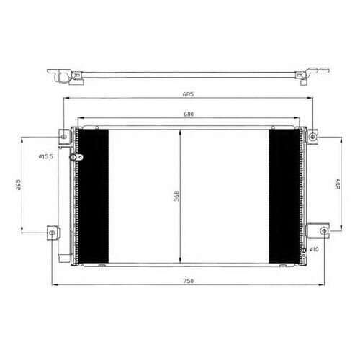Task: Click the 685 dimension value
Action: tap(188, 94)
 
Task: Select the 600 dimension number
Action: tap(189, 114)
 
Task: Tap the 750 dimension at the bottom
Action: tap(189, 281)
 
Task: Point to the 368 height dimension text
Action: tap(176, 196)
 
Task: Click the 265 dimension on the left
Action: tap(18, 184)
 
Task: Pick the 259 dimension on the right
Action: tap(338, 184)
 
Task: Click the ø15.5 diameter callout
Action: tap(45, 157)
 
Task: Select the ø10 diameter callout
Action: tap(314, 249)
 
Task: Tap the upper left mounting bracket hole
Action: tap(64, 137)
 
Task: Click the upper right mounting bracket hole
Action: tap(312, 137)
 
